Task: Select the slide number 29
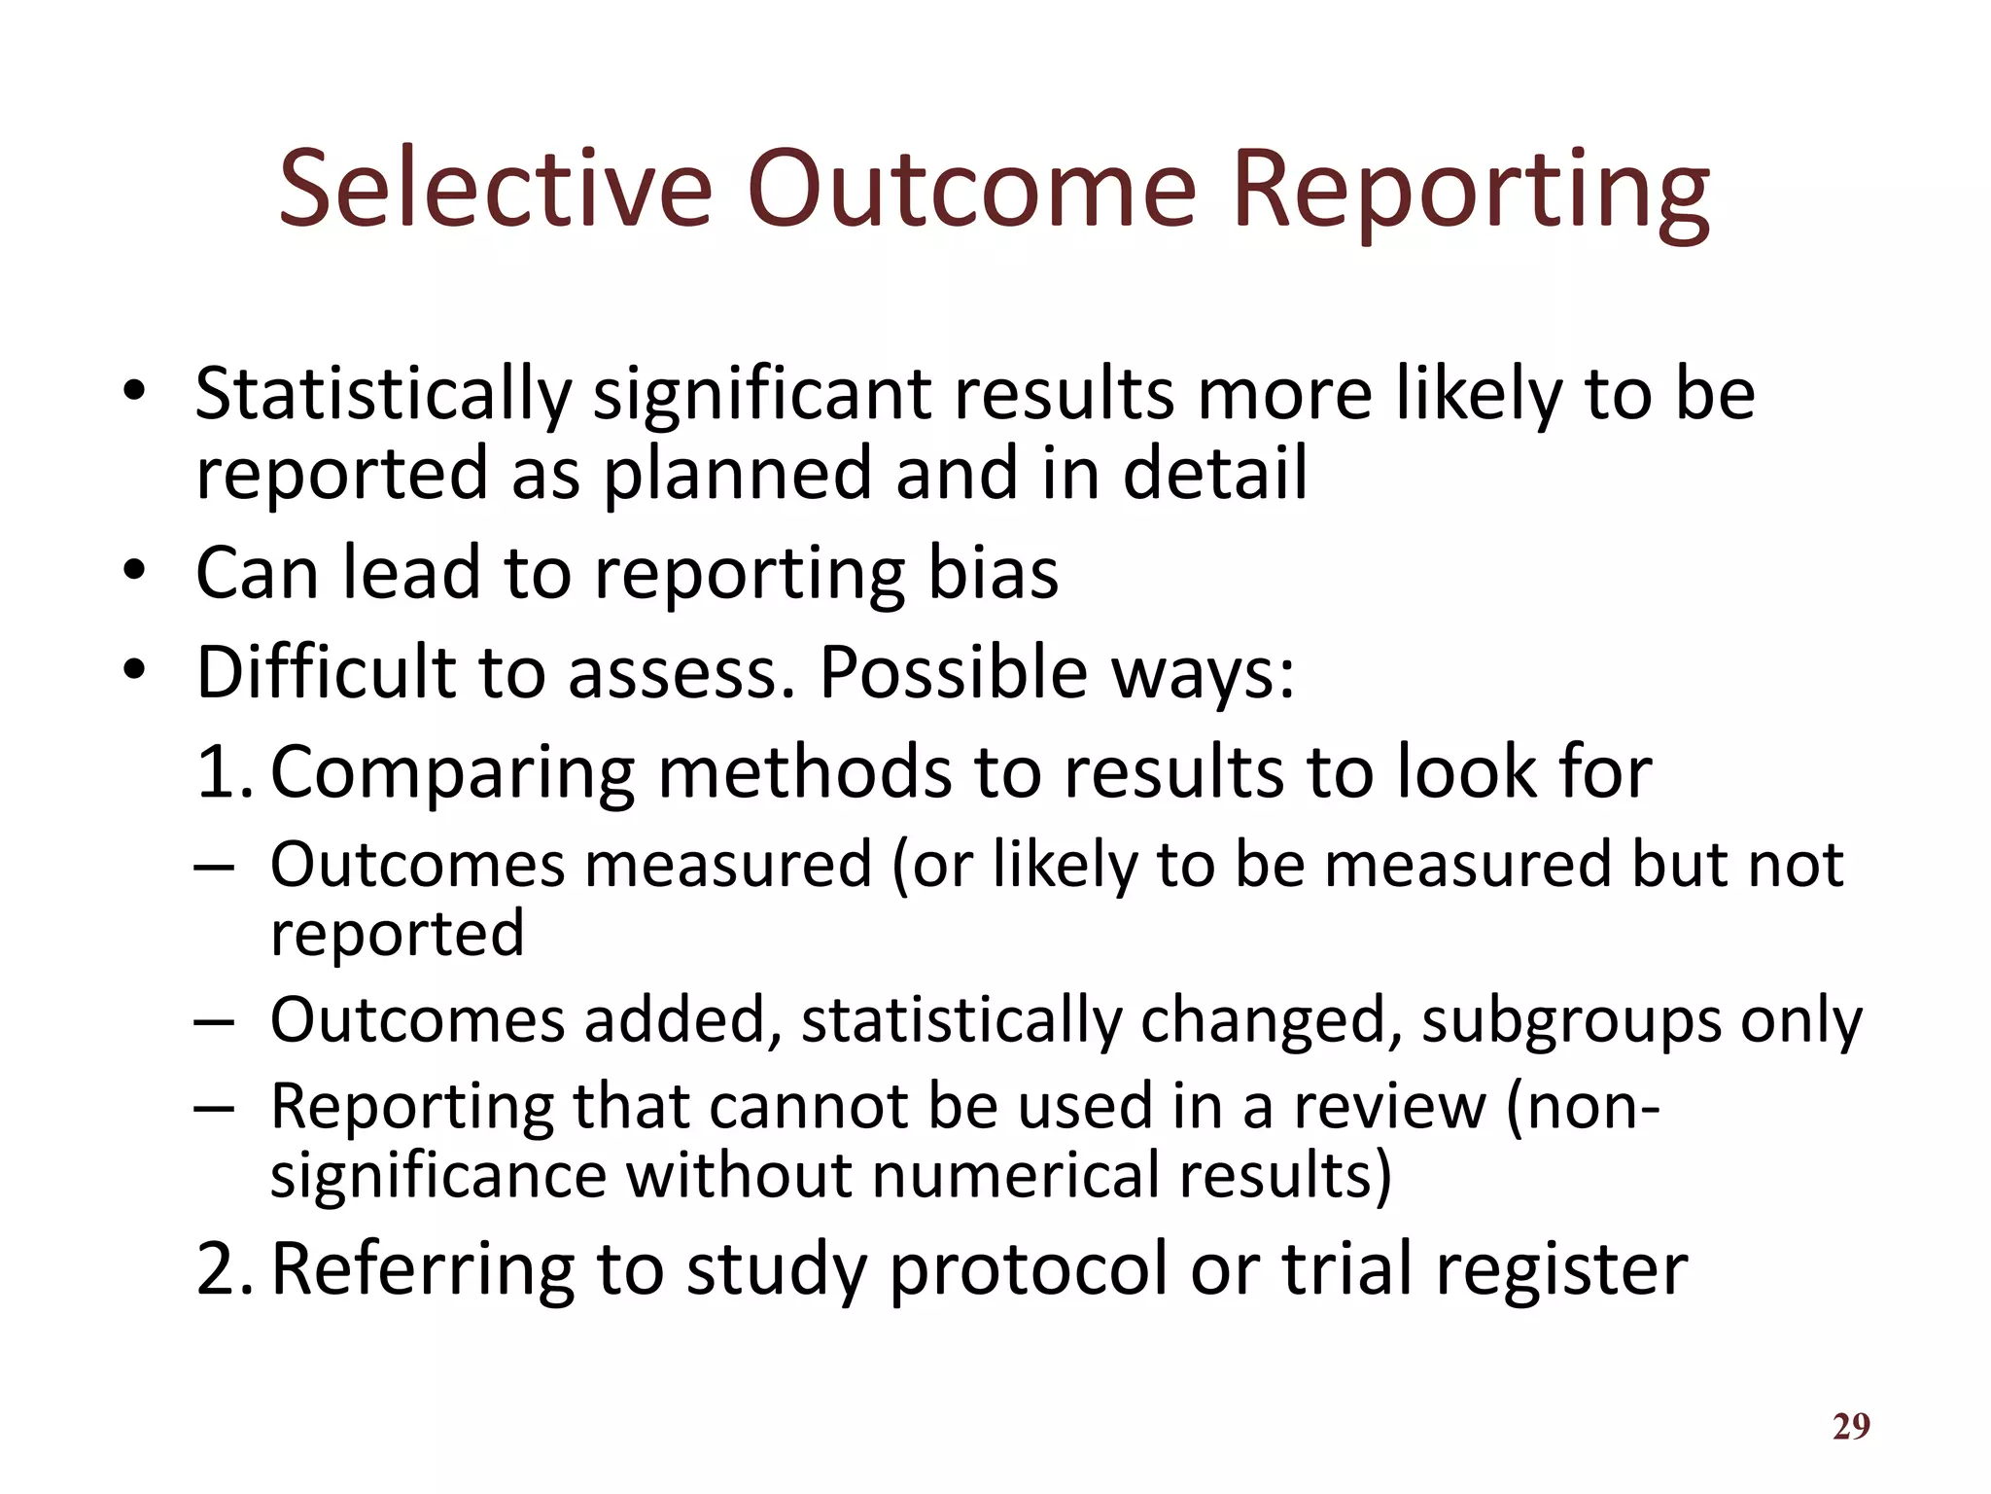click(1851, 1426)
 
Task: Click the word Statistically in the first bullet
click(383, 396)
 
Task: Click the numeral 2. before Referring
click(224, 1270)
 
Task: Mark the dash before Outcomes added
click(214, 1022)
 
